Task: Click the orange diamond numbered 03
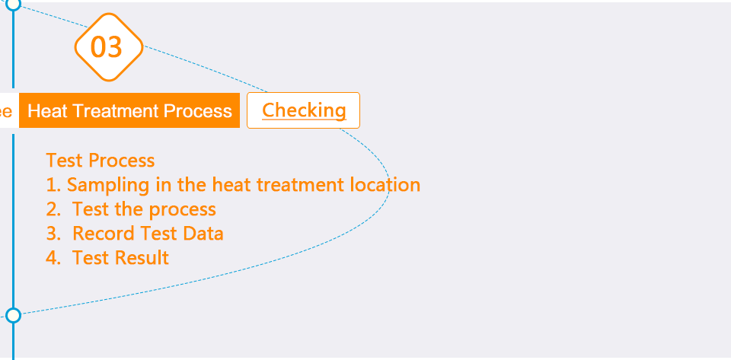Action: (109, 47)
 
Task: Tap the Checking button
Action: (304, 110)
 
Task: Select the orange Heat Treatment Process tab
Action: (129, 110)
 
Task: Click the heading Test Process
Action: (101, 161)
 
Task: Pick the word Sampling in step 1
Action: (109, 186)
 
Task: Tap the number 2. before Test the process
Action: (53, 209)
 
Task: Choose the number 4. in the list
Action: (53, 258)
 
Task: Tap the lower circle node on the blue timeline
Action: (14, 315)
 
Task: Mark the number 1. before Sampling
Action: (53, 185)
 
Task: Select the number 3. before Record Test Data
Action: (53, 234)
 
